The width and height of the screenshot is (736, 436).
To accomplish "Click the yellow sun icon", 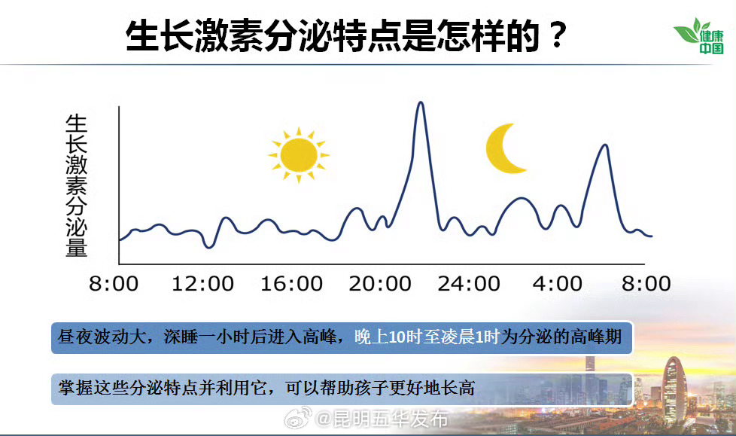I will coord(298,154).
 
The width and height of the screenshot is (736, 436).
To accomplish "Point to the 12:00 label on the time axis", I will coord(203,284).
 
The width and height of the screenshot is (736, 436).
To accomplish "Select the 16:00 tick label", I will coord(292,284).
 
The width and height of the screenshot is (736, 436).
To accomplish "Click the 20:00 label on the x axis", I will coord(381,284).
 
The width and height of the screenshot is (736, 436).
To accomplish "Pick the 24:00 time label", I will coord(469,284).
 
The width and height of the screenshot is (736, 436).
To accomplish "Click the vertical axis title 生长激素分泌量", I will coord(77,185).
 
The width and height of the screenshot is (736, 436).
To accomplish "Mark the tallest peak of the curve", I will coord(420,103).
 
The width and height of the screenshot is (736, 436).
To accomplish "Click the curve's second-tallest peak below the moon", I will coord(604,145).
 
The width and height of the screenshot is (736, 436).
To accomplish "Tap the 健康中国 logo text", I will coord(711,42).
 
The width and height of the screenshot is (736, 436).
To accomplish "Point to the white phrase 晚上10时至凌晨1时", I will coord(427,337).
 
